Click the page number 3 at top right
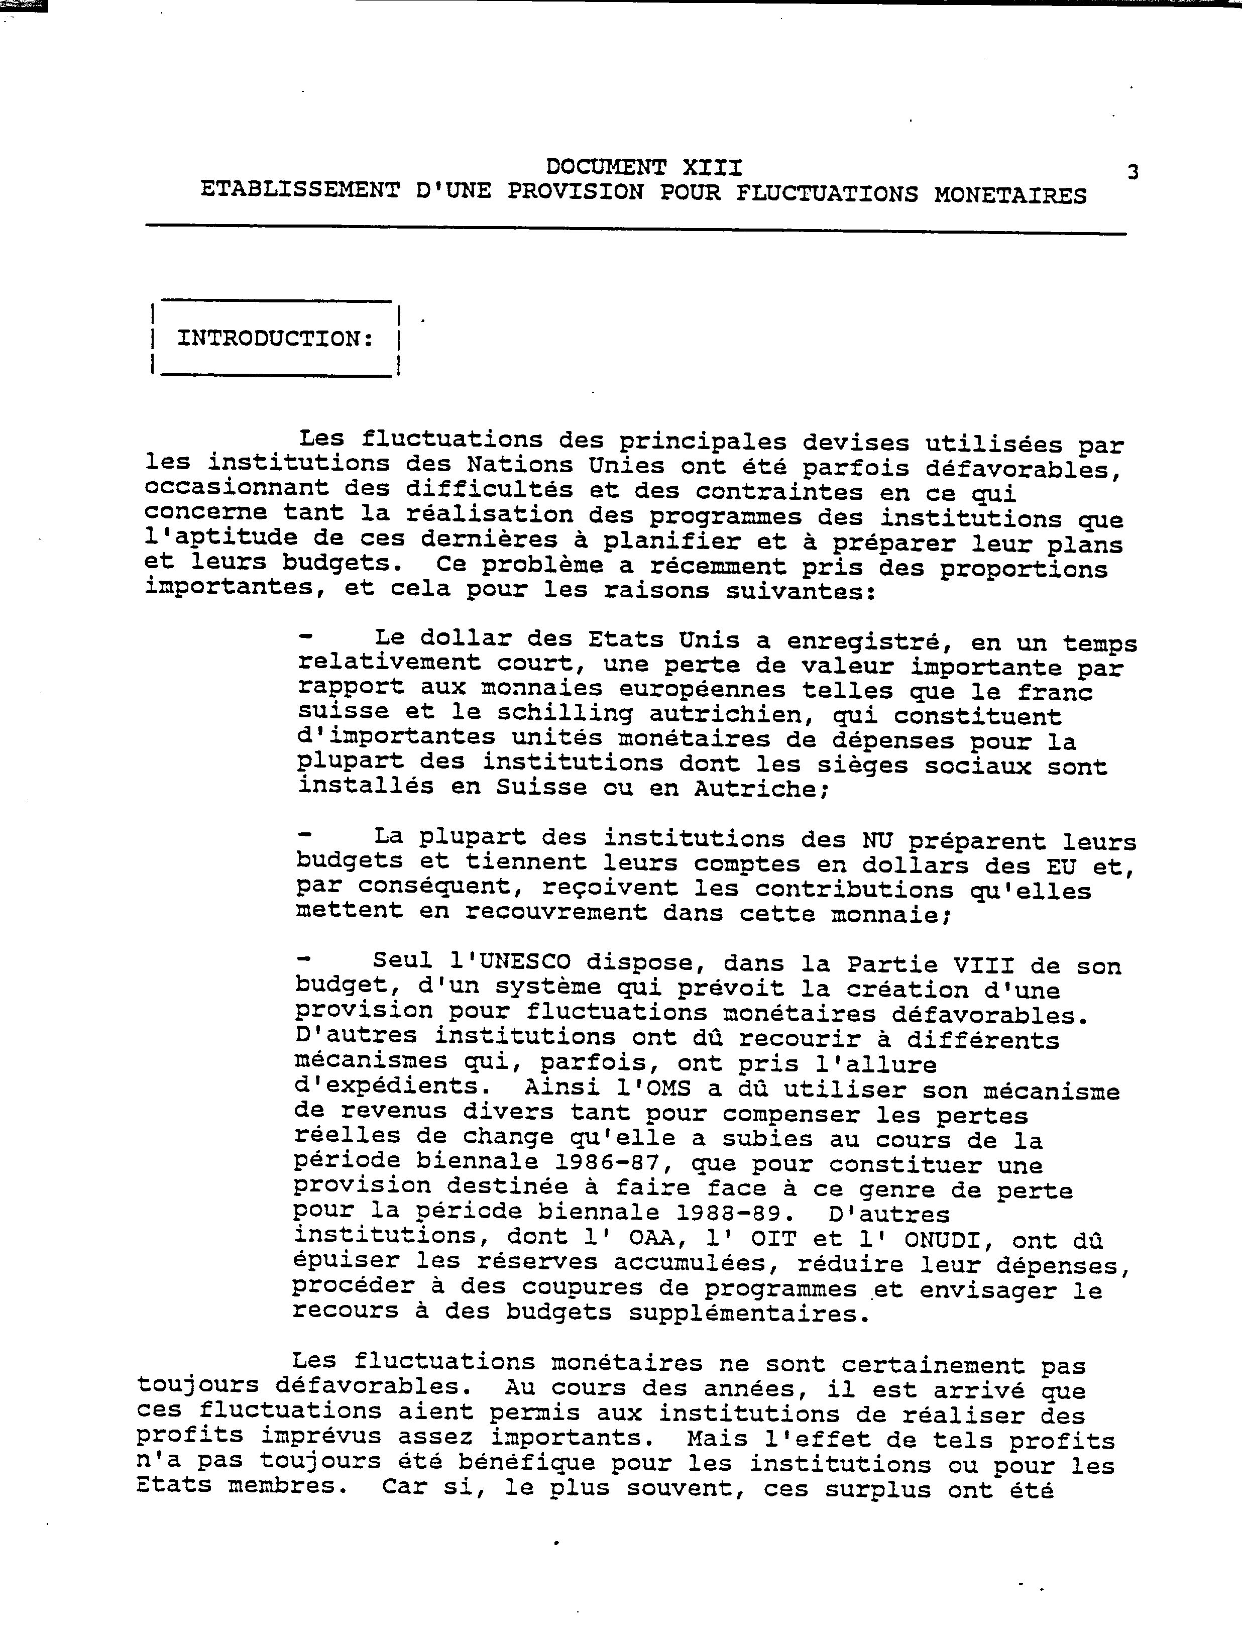(1132, 172)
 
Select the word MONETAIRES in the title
(1010, 195)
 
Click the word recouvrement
(556, 912)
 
